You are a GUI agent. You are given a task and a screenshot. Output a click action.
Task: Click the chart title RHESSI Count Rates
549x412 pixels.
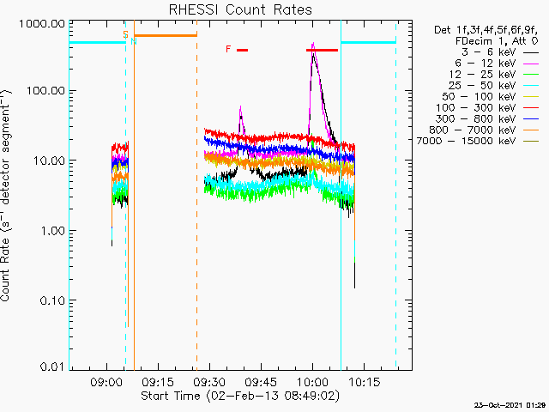click(240, 9)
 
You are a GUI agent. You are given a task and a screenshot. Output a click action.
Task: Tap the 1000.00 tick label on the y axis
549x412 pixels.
click(42, 24)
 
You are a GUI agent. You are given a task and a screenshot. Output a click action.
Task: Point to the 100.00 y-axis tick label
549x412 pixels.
click(45, 91)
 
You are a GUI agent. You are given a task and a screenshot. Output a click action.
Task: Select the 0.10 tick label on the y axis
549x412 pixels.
click(52, 300)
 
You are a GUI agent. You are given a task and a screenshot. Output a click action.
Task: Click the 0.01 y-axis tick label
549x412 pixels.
click(52, 367)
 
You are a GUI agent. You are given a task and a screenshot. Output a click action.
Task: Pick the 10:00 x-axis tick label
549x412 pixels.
click(312, 381)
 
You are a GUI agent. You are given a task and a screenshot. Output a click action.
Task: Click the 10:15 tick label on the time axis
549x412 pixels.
click(364, 381)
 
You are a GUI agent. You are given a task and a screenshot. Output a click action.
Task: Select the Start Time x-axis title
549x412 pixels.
click(240, 396)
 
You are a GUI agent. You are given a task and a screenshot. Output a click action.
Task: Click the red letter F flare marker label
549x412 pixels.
click(228, 49)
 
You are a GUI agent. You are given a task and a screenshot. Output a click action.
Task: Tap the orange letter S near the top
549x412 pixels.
click(125, 34)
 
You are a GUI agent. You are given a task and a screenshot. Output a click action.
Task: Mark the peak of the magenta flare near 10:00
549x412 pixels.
click(313, 43)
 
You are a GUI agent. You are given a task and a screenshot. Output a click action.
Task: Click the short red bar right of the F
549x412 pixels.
click(242, 50)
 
